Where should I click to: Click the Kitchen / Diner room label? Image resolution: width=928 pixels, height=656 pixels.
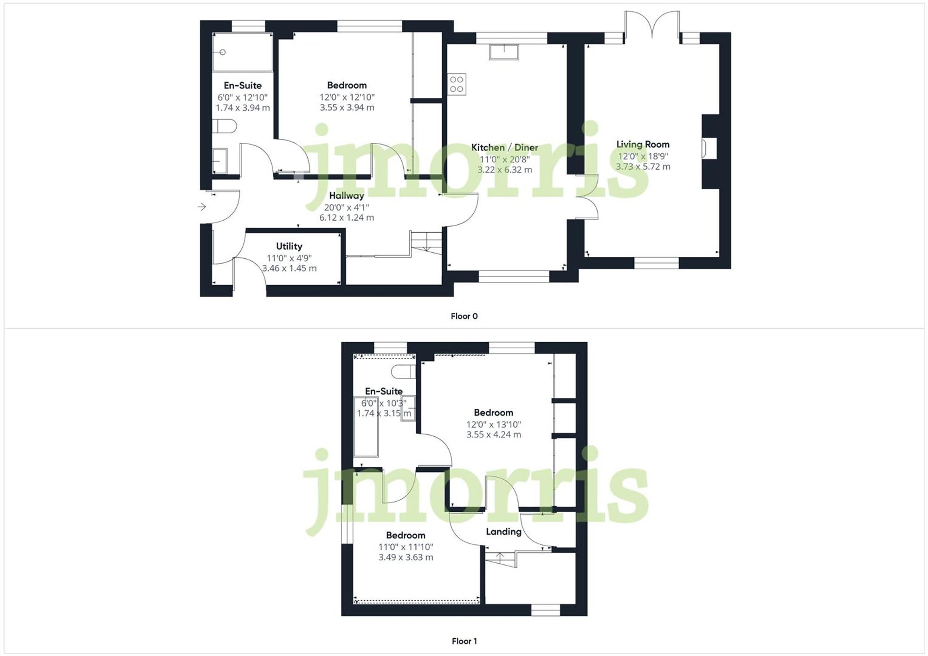click(504, 147)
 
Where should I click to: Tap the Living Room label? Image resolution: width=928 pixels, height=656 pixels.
click(643, 144)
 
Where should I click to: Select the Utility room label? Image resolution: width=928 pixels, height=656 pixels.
click(289, 246)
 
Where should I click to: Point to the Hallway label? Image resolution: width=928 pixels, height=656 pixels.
click(347, 195)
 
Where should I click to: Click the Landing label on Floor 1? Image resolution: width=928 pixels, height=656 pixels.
click(503, 532)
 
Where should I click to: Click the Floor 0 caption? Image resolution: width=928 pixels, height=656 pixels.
click(464, 316)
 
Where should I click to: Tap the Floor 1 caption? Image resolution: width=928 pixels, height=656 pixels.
click(464, 641)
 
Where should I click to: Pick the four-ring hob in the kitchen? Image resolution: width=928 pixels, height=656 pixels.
click(457, 84)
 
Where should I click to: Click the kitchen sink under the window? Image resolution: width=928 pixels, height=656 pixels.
click(504, 52)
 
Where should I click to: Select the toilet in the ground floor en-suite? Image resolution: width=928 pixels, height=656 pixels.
click(225, 126)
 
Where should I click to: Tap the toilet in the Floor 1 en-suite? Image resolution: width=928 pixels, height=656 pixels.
click(403, 371)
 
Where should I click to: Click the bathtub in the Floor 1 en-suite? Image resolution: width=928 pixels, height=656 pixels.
click(366, 427)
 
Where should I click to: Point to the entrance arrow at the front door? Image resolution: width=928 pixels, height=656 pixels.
click(202, 207)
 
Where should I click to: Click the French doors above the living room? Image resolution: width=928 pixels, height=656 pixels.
click(652, 24)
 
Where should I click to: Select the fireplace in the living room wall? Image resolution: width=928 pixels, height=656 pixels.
click(709, 149)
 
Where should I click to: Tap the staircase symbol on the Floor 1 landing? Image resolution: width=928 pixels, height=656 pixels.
click(501, 558)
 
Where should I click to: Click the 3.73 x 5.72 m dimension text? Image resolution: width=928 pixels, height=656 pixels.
click(643, 166)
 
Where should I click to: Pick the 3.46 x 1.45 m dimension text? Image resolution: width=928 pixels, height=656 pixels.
click(289, 268)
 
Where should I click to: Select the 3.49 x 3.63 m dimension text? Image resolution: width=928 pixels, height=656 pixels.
click(406, 557)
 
